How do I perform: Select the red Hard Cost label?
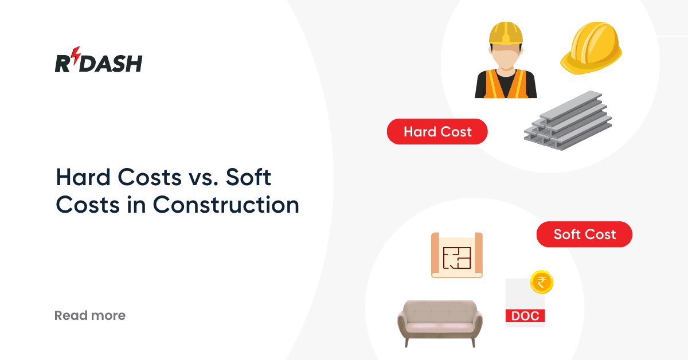pyautogui.click(x=437, y=132)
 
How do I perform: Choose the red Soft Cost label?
pyautogui.click(x=584, y=234)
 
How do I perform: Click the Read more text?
pyautogui.click(x=89, y=315)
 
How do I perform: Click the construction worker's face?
pyautogui.click(x=506, y=57)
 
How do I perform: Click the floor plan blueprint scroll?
pyautogui.click(x=457, y=255)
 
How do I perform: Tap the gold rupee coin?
pyautogui.click(x=541, y=281)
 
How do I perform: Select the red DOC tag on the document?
pyautogui.click(x=525, y=316)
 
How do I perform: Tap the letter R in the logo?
pyautogui.click(x=62, y=63)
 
